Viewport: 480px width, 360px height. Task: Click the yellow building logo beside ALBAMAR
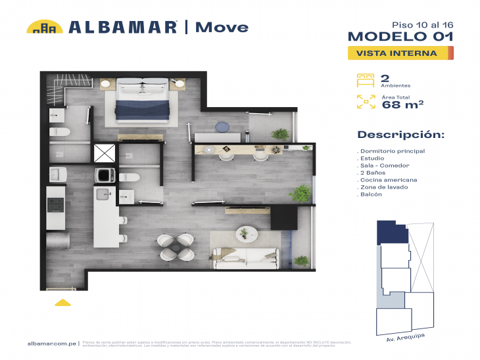coord(44,27)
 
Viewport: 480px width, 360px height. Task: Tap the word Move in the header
coord(222,27)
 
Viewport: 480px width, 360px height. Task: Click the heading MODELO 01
coord(400,37)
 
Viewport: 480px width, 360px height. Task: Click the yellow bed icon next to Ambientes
coord(365,81)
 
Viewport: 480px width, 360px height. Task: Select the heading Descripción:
coord(400,135)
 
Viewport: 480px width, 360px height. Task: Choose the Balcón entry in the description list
coord(370,194)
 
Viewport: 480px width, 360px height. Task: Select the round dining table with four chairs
coord(176,246)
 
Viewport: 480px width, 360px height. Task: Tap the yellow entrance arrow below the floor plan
coord(62,302)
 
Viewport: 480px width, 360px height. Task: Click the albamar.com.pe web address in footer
coord(51,344)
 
